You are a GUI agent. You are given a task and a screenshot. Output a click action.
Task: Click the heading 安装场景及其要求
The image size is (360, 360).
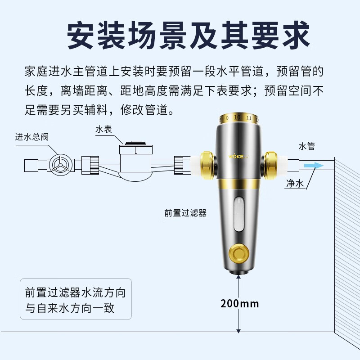coord(188,35)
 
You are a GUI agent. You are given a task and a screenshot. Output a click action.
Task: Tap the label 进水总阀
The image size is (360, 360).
coord(32,137)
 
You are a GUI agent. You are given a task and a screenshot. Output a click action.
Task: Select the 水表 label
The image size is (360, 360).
coord(103,129)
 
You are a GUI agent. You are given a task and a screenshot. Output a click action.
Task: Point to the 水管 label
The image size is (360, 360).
coord(307,146)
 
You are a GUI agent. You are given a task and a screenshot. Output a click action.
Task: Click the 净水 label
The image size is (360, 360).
coord(295,184)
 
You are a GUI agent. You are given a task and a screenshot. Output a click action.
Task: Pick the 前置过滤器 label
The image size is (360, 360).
coord(185,213)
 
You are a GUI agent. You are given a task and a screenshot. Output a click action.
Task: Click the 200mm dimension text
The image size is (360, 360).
coord(239,304)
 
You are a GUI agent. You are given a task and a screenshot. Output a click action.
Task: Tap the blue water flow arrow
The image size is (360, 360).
coord(314,166)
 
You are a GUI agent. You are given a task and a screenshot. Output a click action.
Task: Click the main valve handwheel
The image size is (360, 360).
coord(60,165)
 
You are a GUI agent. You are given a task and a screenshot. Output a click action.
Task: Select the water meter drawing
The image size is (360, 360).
coord(136,161)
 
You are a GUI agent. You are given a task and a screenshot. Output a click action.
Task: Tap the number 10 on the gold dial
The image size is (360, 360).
coord(237,117)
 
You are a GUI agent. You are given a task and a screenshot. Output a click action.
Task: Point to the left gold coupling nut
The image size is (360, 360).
coord(207,165)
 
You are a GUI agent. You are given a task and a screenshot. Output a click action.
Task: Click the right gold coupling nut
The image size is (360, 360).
coord(270,165)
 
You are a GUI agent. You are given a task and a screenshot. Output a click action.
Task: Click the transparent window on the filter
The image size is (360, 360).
coord(239,214)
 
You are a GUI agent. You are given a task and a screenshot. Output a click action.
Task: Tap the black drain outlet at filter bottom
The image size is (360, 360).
coord(239,272)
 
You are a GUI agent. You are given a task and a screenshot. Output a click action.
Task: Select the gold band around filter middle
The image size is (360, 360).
coord(239,183)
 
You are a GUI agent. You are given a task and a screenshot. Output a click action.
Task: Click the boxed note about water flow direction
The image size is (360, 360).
coord(76,299)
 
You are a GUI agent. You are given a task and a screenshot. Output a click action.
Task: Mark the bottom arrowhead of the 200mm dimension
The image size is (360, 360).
coord(238,331)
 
